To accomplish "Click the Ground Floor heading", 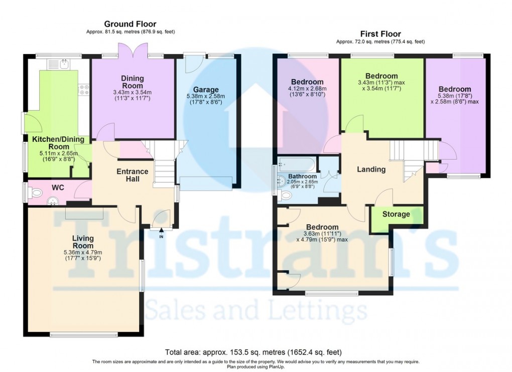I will tap(130, 24).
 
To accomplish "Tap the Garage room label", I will tap(208, 90).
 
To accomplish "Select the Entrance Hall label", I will tap(133, 175).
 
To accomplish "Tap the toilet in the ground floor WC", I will tap(35, 192).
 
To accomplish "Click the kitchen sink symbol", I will tap(64, 64).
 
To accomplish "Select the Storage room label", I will tap(396, 214).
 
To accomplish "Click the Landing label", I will tap(371, 169).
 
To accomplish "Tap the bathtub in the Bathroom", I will tap(296, 163).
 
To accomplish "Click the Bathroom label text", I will tap(302, 176).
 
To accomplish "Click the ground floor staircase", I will tap(164, 165).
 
